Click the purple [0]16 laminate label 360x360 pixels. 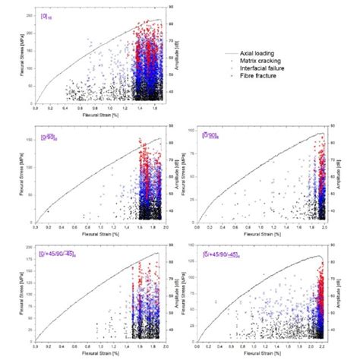pyautogui.click(x=47, y=15)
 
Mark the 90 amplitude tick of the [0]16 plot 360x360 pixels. pyautogui.click(x=171, y=7)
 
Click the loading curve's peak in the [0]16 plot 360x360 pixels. pyautogui.click(x=159, y=20)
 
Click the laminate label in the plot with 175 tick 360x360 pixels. pyautogui.click(x=58, y=254)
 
